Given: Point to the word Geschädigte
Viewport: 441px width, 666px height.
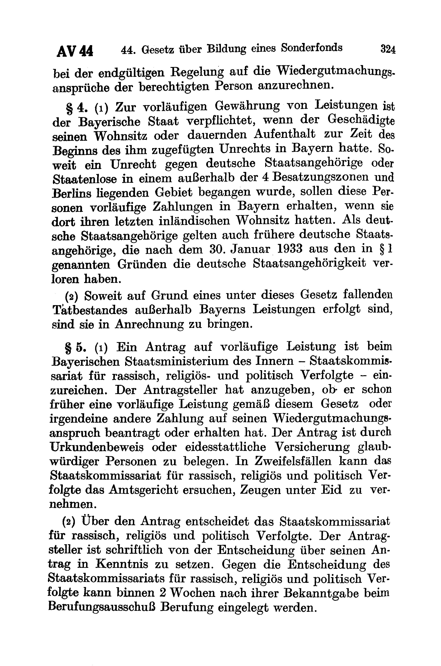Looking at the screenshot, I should (361, 120).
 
